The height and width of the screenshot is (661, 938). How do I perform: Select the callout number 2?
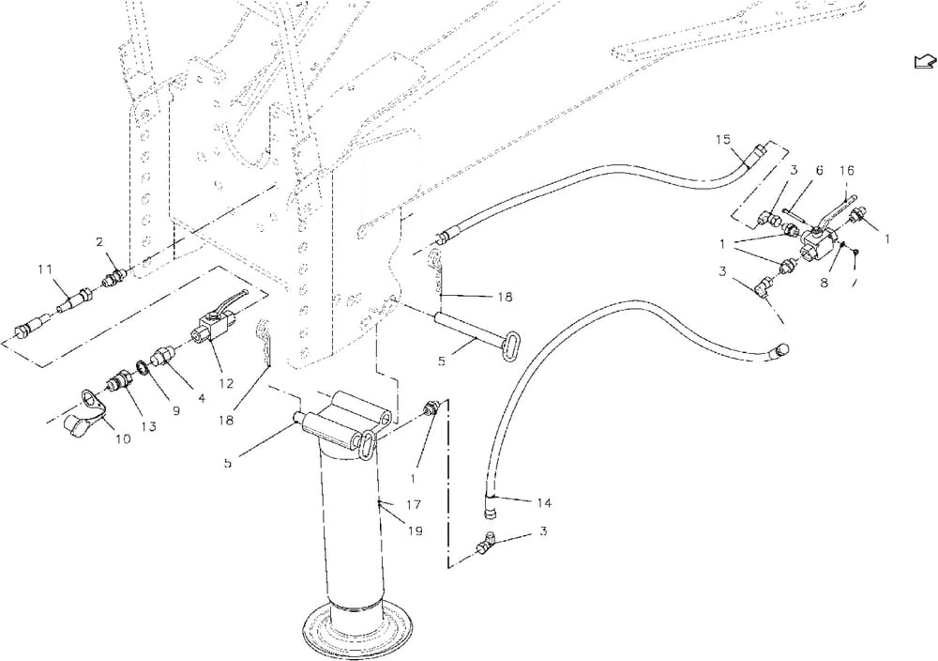coord(99,243)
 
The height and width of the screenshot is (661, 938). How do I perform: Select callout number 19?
coord(415,531)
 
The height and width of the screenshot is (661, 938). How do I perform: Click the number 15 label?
coord(723,140)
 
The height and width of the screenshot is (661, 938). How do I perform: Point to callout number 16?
coord(846,171)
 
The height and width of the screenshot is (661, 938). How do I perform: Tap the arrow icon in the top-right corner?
coord(923,61)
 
